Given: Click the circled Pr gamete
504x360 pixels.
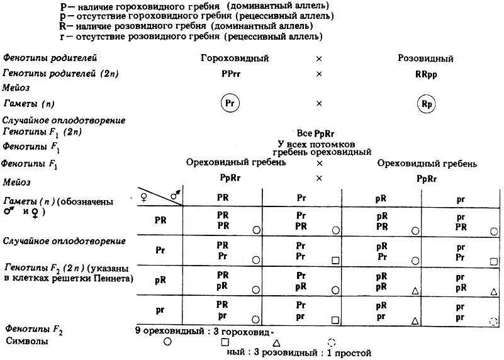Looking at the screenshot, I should (232, 103).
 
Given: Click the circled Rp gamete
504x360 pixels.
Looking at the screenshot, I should (426, 103).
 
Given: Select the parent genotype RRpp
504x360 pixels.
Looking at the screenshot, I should (426, 74).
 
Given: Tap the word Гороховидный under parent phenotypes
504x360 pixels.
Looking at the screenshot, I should (235, 59).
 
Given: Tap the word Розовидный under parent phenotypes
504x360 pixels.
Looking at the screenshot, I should (425, 59).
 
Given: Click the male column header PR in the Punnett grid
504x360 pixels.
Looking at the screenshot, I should (222, 197).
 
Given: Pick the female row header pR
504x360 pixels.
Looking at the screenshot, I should (160, 279).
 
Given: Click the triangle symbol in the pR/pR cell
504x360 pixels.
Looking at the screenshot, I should (415, 290).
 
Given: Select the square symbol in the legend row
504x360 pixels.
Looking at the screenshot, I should (225, 342).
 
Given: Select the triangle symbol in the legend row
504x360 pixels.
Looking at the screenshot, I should (276, 343).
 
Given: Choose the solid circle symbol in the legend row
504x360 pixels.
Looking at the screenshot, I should (167, 342).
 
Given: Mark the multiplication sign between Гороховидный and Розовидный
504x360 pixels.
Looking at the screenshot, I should (319, 59).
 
